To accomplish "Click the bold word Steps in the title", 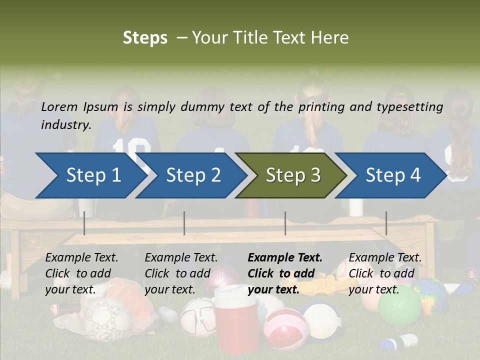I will point(145,38).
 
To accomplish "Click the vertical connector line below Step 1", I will point(84,223).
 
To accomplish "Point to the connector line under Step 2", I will point(184,223).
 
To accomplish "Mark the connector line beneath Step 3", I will point(285,223).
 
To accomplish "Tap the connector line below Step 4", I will point(386,223).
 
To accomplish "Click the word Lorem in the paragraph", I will point(59,106).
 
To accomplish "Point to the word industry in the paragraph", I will point(65,125).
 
